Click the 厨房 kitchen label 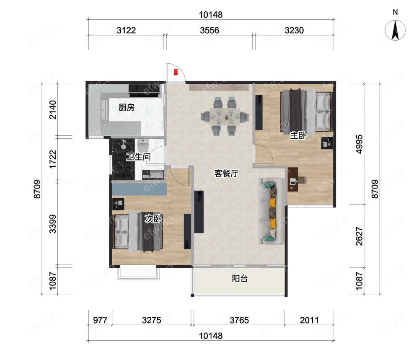tap(127, 107)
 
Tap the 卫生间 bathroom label tap(138, 157)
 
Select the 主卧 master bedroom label tap(298, 135)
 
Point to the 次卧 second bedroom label tap(153, 219)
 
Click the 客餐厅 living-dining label tap(226, 174)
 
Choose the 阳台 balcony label tap(240, 279)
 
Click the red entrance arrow tap(176, 72)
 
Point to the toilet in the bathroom tap(143, 145)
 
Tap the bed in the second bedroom tap(138, 231)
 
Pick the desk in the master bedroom tap(293, 179)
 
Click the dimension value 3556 tap(209, 31)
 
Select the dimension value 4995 tap(359, 144)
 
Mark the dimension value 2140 tap(53, 109)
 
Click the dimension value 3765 tap(239, 320)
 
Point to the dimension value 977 tap(100, 320)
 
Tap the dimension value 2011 tap(309, 320)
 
